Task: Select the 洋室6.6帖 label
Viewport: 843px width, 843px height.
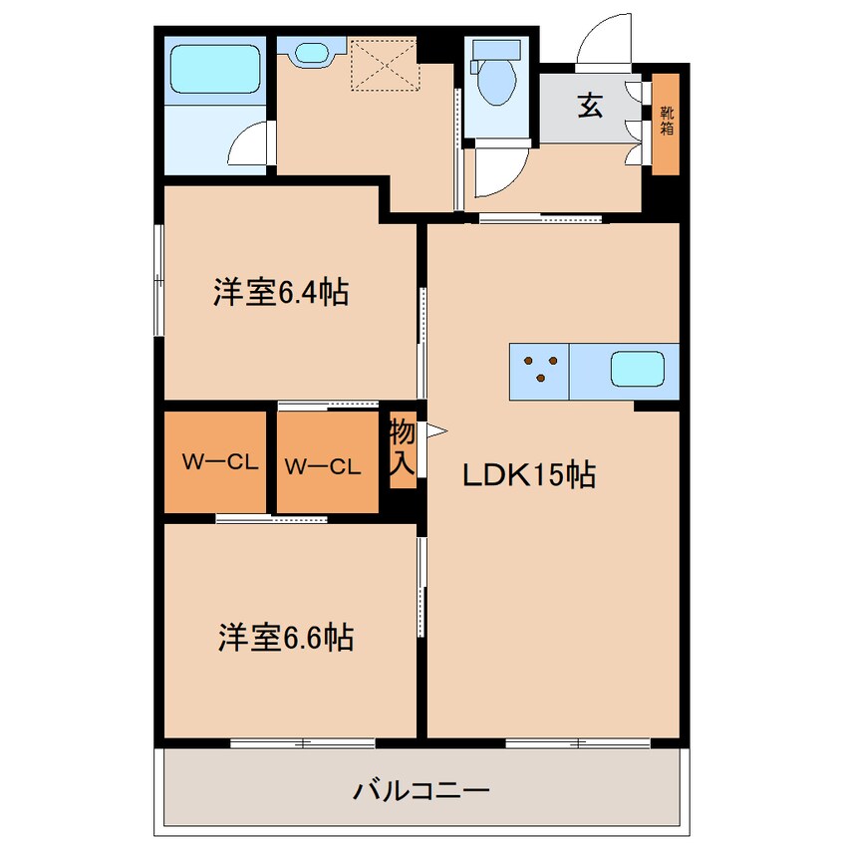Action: click(286, 638)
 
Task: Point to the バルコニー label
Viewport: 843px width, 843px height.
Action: click(421, 792)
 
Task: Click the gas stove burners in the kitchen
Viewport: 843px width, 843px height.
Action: click(539, 370)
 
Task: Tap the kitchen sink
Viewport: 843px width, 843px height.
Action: click(638, 371)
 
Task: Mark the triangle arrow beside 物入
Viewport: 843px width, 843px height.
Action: click(435, 431)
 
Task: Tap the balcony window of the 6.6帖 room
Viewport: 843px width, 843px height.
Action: click(302, 741)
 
